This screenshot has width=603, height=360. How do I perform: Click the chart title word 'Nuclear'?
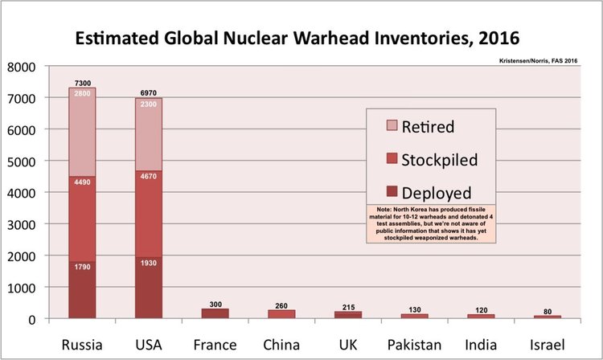(256, 38)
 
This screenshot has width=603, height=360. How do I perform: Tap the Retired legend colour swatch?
(392, 125)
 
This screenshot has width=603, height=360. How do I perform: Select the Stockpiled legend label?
(440, 160)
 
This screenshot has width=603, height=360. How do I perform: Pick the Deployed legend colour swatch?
(392, 191)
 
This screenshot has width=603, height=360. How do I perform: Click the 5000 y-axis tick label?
(21, 162)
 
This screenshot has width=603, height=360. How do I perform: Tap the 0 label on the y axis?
(32, 320)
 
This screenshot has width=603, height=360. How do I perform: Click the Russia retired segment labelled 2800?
(82, 132)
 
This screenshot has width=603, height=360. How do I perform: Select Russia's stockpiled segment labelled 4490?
(82, 219)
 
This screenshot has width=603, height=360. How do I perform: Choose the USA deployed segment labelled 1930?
(149, 288)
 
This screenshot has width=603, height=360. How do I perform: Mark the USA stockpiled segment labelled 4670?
(149, 214)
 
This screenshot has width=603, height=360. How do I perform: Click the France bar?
(215, 313)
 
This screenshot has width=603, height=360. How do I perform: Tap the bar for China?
(281, 314)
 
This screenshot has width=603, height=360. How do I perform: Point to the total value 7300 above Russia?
(83, 83)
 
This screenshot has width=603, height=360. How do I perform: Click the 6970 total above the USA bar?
(149, 93)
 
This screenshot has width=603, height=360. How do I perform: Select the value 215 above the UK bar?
(348, 307)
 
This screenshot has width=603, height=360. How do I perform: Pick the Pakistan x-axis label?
(414, 345)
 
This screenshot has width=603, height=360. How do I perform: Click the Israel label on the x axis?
(548, 345)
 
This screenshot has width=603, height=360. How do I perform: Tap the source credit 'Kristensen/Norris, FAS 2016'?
(538, 61)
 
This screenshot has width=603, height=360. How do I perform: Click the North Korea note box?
(431, 223)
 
